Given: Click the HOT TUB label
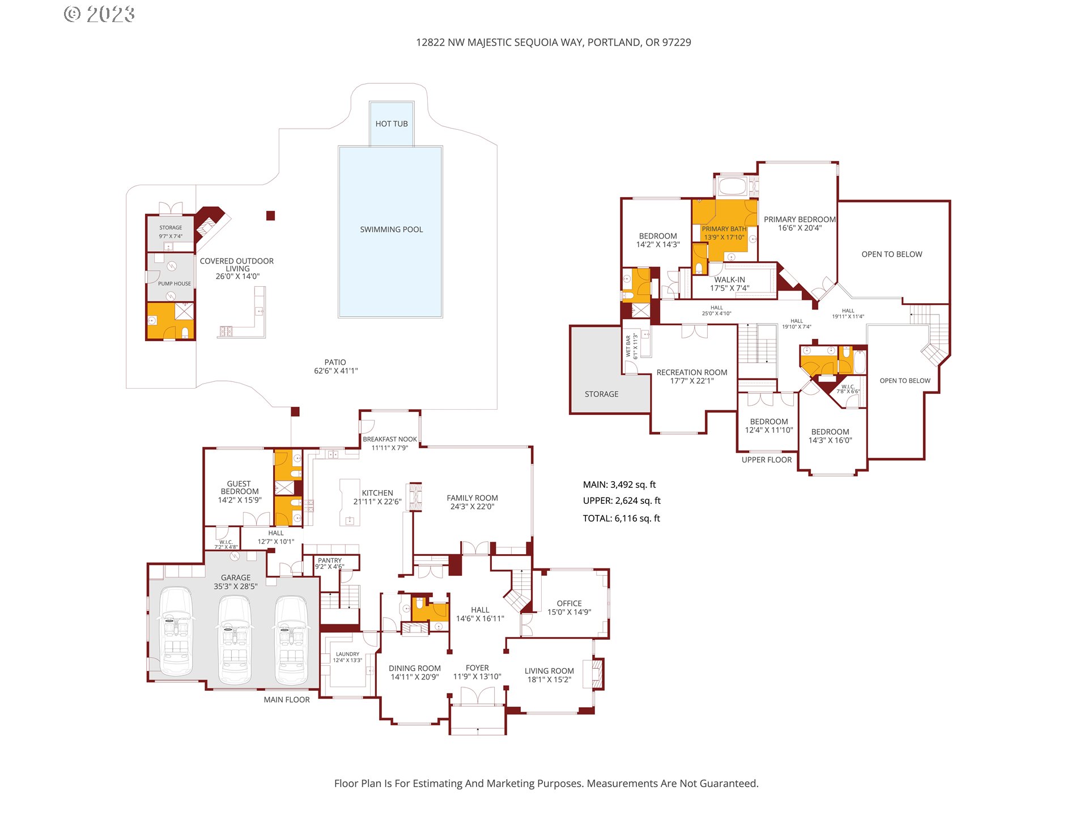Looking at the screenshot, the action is (x=392, y=124).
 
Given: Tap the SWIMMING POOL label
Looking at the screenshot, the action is (x=392, y=229).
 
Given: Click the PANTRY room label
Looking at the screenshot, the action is (x=330, y=560).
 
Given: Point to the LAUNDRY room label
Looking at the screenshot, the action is (x=347, y=654).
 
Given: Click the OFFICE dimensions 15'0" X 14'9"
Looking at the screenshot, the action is (x=569, y=612).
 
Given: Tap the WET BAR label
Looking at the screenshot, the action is (x=628, y=346).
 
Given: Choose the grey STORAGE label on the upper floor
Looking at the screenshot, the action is (x=602, y=394).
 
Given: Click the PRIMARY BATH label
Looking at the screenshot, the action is (x=724, y=229).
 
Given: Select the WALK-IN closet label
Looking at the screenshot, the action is (x=730, y=279).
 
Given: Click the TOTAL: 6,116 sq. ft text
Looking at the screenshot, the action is (x=622, y=518).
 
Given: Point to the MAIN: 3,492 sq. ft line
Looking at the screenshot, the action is (x=619, y=484).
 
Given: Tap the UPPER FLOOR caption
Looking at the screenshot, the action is (x=767, y=460).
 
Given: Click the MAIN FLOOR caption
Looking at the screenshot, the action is (x=287, y=700).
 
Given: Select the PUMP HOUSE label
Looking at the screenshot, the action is (x=175, y=283).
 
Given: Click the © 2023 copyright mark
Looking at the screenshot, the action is (x=99, y=14).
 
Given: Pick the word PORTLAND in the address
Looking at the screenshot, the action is (x=614, y=42).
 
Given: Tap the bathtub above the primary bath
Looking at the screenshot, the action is (x=732, y=186).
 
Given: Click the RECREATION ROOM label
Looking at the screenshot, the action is (x=692, y=372).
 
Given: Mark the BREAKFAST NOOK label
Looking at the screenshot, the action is (x=390, y=439).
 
